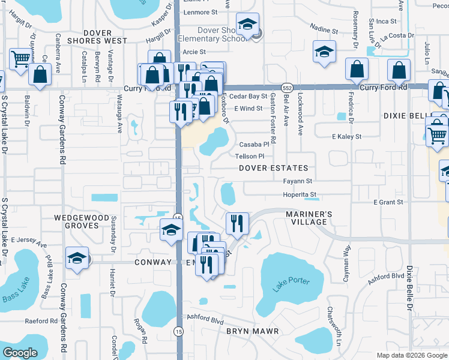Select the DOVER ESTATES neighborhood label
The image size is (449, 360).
pyautogui.click(x=273, y=169)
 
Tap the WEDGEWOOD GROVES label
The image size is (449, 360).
pyautogui.click(x=82, y=221)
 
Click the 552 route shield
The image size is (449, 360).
pyautogui.click(x=288, y=87)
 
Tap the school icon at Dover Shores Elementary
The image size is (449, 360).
pyautogui.click(x=246, y=24)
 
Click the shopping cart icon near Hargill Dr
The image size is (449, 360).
pyautogui.click(x=21, y=58)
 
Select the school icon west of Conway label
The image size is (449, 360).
pyautogui.click(x=77, y=257)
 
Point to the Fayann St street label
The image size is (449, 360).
pyautogui.click(x=298, y=181)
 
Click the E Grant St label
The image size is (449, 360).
pyautogui.click(x=388, y=202)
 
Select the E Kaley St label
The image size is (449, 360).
pyautogui.click(x=347, y=137)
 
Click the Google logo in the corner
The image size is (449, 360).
pyautogui.click(x=20, y=353)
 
